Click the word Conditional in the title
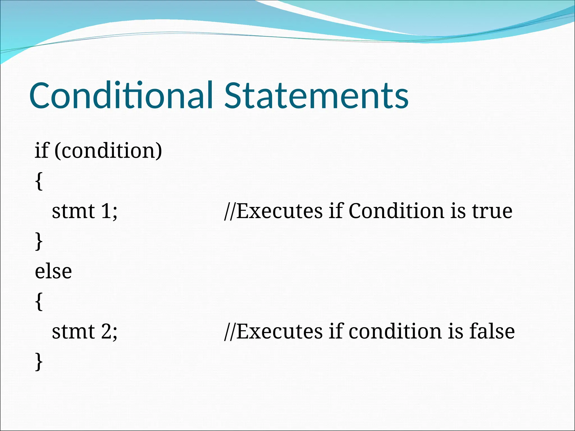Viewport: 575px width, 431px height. [x=121, y=95]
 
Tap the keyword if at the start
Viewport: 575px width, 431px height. [x=42, y=150]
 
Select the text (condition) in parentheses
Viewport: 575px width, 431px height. [x=108, y=151]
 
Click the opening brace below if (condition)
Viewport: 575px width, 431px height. [x=39, y=181]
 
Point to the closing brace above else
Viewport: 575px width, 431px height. [x=39, y=241]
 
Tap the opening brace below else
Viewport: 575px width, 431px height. [x=39, y=302]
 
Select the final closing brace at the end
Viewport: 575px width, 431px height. [x=39, y=362]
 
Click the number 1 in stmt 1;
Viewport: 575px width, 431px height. [x=106, y=211]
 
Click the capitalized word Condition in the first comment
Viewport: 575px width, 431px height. [x=396, y=211]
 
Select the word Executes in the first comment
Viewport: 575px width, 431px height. [x=280, y=211]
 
